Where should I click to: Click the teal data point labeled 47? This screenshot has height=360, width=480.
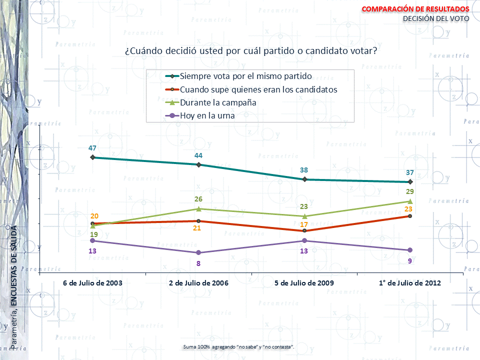92,157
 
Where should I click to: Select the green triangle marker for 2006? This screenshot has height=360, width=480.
198,208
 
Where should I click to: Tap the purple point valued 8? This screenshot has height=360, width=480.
198,252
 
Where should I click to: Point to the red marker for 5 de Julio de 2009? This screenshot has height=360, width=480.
304,230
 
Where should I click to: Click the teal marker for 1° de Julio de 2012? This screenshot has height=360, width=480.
410,182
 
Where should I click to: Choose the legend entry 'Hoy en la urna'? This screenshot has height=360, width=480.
207,115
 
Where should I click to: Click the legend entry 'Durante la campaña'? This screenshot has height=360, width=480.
218,102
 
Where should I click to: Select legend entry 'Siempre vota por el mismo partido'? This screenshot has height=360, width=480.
245,76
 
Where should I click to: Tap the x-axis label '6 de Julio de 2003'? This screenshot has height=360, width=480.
92,283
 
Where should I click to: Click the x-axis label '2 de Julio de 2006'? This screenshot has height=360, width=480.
198,283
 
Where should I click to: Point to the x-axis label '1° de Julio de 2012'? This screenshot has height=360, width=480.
410,283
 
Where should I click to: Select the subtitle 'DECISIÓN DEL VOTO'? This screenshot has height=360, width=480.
436,19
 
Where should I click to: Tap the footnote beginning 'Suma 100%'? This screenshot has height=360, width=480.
239,346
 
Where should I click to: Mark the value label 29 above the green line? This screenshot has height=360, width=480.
410,192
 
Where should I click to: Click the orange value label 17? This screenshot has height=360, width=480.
304,224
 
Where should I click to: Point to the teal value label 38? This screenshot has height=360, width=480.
304,170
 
